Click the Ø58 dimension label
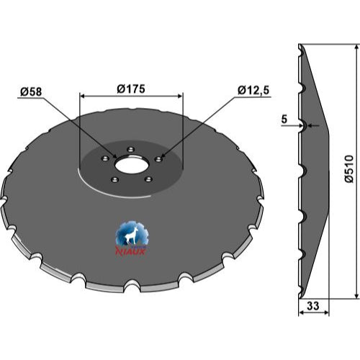[31, 91]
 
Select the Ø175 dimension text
[131, 89]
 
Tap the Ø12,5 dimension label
[253, 91]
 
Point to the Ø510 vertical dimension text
[349, 169]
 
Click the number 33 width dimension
[313, 306]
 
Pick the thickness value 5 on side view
[284, 119]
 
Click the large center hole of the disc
[132, 166]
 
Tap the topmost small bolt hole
[130, 150]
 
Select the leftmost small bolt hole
[105, 158]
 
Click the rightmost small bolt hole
[158, 159]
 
